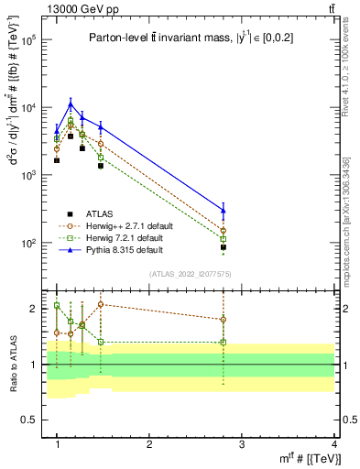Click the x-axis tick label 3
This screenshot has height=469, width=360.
242,444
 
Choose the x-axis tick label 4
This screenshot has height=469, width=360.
334,444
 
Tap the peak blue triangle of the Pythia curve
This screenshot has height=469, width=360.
71,104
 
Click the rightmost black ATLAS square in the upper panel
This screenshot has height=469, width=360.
224,247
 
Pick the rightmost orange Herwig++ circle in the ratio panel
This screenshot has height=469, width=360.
224,320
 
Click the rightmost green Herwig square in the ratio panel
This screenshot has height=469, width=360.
224,343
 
